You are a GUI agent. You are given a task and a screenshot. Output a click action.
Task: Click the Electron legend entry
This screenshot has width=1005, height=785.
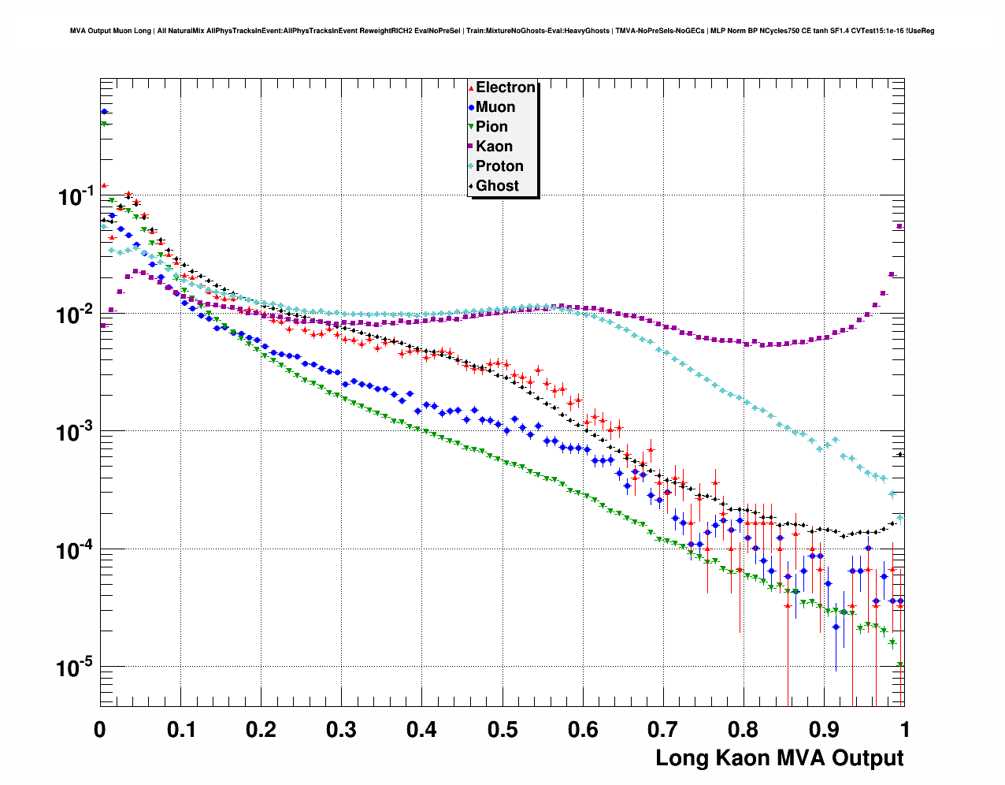pyautogui.click(x=505, y=87)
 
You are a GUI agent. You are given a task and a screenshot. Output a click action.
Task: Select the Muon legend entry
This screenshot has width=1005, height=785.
pyautogui.click(x=495, y=107)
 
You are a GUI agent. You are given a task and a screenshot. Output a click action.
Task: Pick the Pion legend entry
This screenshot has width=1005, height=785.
pyautogui.click(x=491, y=127)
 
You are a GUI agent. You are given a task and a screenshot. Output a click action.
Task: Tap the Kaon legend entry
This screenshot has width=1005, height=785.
pyautogui.click(x=494, y=147)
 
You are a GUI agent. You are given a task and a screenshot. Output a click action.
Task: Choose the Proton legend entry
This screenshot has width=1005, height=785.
pyautogui.click(x=499, y=166)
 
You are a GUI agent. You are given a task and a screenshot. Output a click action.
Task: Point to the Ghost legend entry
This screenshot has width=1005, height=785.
pyautogui.click(x=497, y=186)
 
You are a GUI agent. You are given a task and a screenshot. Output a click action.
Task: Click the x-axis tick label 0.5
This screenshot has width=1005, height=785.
pyautogui.click(x=502, y=730)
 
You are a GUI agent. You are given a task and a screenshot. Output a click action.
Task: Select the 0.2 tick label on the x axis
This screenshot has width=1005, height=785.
pyautogui.click(x=261, y=730)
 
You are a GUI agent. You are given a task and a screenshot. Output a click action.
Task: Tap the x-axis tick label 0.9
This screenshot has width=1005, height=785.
pyautogui.click(x=824, y=730)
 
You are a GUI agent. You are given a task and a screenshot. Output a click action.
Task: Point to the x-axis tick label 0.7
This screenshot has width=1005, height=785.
pyautogui.click(x=663, y=730)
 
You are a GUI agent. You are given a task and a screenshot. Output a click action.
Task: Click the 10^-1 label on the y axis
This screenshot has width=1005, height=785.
pyautogui.click(x=76, y=197)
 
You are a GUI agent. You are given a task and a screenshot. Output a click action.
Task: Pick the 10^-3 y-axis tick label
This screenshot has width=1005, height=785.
pyautogui.click(x=76, y=432)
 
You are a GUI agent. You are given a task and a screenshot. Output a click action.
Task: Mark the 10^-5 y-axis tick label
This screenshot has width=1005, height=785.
pyautogui.click(x=76, y=668)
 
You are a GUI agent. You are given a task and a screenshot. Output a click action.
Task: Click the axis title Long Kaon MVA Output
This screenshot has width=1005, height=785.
pyautogui.click(x=779, y=758)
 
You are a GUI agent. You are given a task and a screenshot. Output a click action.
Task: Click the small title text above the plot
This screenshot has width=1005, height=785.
pyautogui.click(x=502, y=31)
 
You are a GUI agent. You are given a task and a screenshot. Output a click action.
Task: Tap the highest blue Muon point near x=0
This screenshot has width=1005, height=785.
pyautogui.click(x=104, y=112)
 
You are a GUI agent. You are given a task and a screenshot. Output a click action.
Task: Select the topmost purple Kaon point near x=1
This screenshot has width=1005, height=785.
pyautogui.click(x=900, y=227)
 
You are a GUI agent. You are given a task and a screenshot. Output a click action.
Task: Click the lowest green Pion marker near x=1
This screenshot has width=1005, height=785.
pyautogui.click(x=900, y=665)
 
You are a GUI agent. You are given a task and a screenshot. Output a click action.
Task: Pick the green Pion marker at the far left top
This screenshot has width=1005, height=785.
pyautogui.click(x=103, y=124)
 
